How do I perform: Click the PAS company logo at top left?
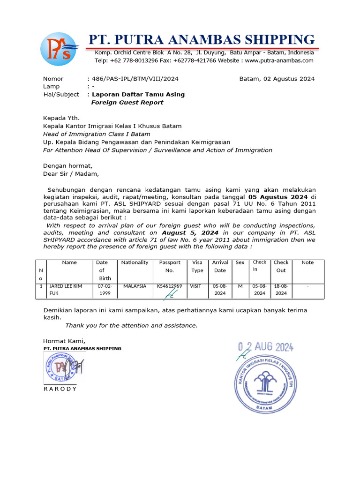[x=60, y=49]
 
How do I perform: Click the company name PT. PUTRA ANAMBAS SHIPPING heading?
[x=202, y=39]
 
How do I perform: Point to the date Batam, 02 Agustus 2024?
[x=277, y=79]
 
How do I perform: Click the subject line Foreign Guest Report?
[x=127, y=102]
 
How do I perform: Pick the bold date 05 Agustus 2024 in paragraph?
[x=279, y=197]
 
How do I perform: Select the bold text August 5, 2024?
[x=191, y=232]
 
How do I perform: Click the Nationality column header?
[x=135, y=262]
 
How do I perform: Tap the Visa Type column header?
[x=197, y=266]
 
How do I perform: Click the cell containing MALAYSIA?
[x=135, y=286]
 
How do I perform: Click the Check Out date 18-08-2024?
[x=281, y=289]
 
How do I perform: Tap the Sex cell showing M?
[x=240, y=286]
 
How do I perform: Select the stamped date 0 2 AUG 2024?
[x=265, y=347]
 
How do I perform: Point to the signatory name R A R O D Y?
[x=60, y=389]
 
